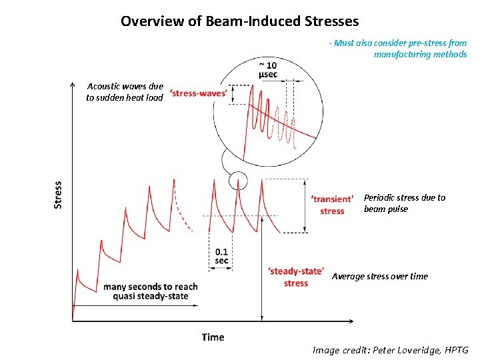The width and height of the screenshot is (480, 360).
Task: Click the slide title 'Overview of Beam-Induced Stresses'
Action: coord(239,21)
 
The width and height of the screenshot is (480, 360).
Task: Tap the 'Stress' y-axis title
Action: coord(58,195)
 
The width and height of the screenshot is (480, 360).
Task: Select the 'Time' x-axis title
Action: coord(213,337)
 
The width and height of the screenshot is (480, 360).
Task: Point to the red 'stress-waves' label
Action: coord(198,93)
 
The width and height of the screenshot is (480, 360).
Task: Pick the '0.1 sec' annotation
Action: coord(222,256)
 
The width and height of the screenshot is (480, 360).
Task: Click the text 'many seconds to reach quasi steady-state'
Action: coord(151,291)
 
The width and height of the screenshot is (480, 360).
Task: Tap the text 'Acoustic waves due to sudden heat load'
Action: coord(125,92)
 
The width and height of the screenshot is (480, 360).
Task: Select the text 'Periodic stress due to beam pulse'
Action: coord(404,203)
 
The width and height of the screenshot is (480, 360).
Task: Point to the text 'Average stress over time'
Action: coord(380,276)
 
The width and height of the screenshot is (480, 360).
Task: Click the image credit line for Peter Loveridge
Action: coord(391,349)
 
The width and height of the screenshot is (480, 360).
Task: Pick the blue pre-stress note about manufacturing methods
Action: coord(398,49)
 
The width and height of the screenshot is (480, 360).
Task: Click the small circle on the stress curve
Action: coord(237,180)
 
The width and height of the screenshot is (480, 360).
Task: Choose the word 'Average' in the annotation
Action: coord(349,276)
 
